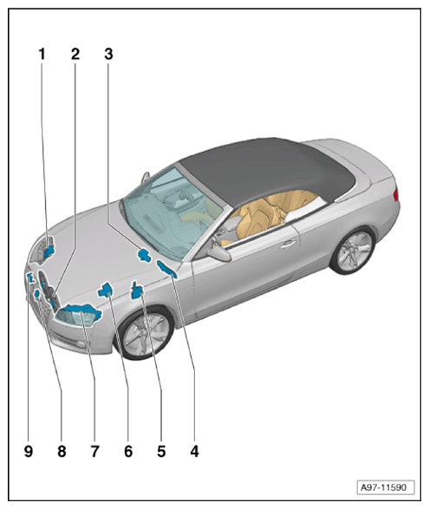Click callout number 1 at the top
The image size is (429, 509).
click(x=42, y=55)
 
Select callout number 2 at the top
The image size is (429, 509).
click(x=75, y=55)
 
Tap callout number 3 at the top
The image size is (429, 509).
click(x=108, y=55)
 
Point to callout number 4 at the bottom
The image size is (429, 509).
click(x=194, y=451)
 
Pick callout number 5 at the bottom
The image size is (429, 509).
click(x=161, y=451)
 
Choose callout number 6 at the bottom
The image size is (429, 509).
click(x=128, y=451)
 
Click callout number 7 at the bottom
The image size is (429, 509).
click(x=94, y=451)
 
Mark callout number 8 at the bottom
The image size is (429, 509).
click(x=62, y=451)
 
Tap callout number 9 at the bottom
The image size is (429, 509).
click(x=29, y=451)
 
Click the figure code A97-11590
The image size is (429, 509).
click(x=385, y=487)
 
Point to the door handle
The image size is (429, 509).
click(x=288, y=245)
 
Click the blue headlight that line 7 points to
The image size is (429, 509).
click(x=78, y=315)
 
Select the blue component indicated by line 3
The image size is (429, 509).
click(x=144, y=255)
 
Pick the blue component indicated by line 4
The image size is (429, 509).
click(x=167, y=270)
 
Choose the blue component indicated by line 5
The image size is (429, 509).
click(x=136, y=290)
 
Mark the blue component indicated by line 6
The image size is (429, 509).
click(x=106, y=290)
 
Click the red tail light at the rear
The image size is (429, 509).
click(x=395, y=195)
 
